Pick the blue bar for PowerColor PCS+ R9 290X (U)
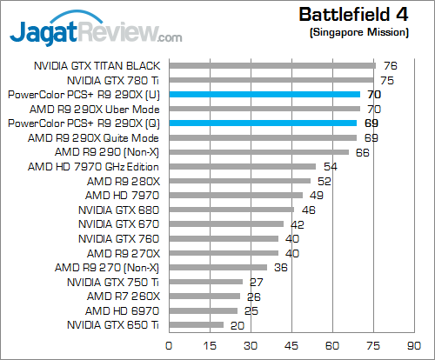click(x=264, y=94)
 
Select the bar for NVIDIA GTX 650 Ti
click(x=197, y=325)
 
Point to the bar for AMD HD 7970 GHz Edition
click(x=243, y=166)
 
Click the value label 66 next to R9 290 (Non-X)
click(x=363, y=152)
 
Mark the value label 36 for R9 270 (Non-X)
click(x=280, y=267)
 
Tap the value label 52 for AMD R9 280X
click(x=325, y=181)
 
